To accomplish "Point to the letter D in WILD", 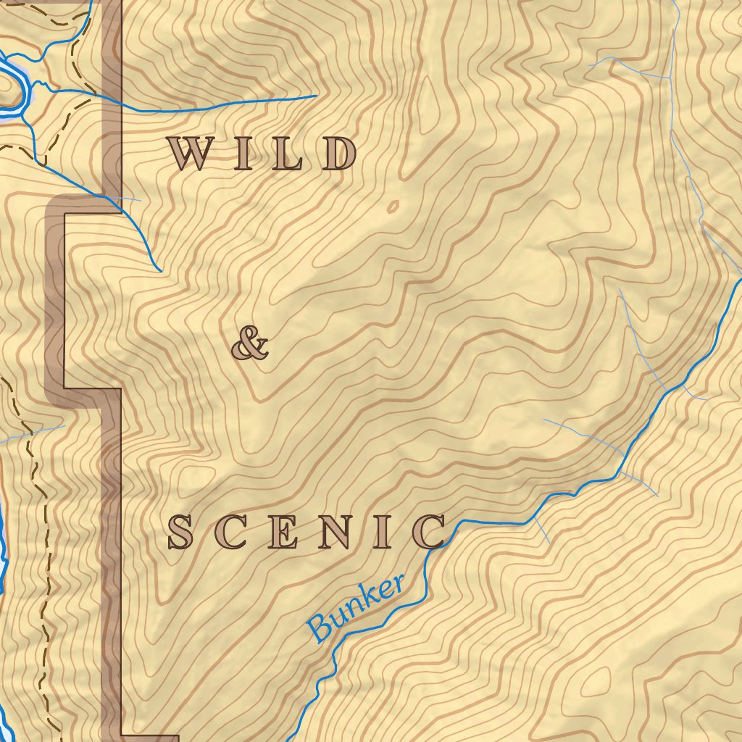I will [339, 154].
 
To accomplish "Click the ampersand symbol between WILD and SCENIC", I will [249, 343].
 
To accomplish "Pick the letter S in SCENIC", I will [180, 533].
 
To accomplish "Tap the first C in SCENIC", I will [229, 533].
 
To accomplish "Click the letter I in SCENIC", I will [384, 533].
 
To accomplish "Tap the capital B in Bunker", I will [320, 628].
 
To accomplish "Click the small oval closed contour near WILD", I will [393, 207].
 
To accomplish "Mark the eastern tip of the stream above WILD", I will [316, 96].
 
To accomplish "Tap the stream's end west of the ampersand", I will [160, 272].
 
